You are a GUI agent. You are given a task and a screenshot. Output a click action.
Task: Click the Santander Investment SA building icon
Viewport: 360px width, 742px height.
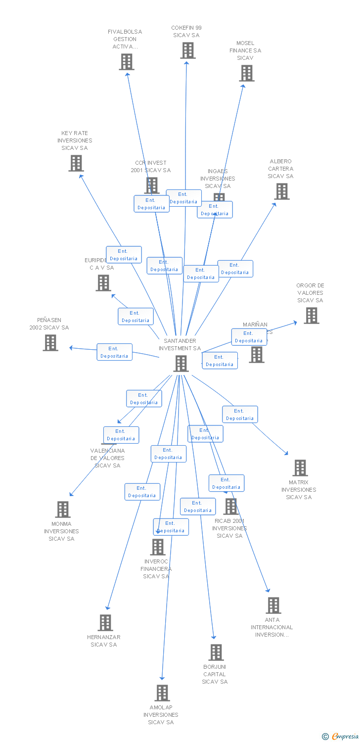pos(181,364)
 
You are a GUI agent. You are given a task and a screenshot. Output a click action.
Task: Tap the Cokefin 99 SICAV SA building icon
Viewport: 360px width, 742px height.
pos(187,50)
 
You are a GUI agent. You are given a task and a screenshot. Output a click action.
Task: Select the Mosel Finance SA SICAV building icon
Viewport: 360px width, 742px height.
pos(246,73)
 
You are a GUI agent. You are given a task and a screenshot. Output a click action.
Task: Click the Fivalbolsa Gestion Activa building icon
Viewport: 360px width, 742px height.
pos(127,62)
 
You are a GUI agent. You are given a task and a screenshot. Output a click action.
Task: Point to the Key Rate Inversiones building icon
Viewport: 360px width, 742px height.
pos(76,163)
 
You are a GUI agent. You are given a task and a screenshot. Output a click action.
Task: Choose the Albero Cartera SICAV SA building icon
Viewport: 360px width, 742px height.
pos(281,191)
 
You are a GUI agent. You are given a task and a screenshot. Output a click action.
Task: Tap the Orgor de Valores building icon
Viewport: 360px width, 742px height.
pos(311,316)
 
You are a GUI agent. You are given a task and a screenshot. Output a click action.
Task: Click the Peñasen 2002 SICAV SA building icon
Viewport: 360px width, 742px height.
pos(50,343)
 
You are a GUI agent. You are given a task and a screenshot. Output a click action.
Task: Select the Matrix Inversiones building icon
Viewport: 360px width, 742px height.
pos(300,468)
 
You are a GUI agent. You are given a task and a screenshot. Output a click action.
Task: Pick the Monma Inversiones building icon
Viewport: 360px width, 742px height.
pos(63,510)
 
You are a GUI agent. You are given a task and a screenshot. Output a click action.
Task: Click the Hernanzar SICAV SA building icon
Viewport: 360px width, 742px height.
pos(105,623)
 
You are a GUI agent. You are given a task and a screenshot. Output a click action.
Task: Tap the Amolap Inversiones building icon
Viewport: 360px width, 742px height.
pos(162,693)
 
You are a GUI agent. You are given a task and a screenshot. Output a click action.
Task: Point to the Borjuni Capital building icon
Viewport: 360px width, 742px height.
pos(216,652)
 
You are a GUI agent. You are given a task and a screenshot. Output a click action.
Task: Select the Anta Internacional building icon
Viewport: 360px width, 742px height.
pos(273,605)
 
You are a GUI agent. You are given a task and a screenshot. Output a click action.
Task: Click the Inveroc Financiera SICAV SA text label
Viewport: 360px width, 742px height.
pos(156,569)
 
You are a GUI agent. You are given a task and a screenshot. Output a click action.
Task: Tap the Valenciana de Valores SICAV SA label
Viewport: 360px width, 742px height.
pos(107,458)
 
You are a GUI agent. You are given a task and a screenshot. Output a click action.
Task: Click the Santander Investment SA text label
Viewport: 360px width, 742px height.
pos(180,344)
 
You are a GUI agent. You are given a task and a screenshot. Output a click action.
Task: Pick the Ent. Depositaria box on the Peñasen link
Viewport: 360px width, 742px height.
pos(114,352)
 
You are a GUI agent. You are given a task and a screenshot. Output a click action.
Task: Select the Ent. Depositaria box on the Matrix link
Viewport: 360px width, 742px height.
pos(240,415)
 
